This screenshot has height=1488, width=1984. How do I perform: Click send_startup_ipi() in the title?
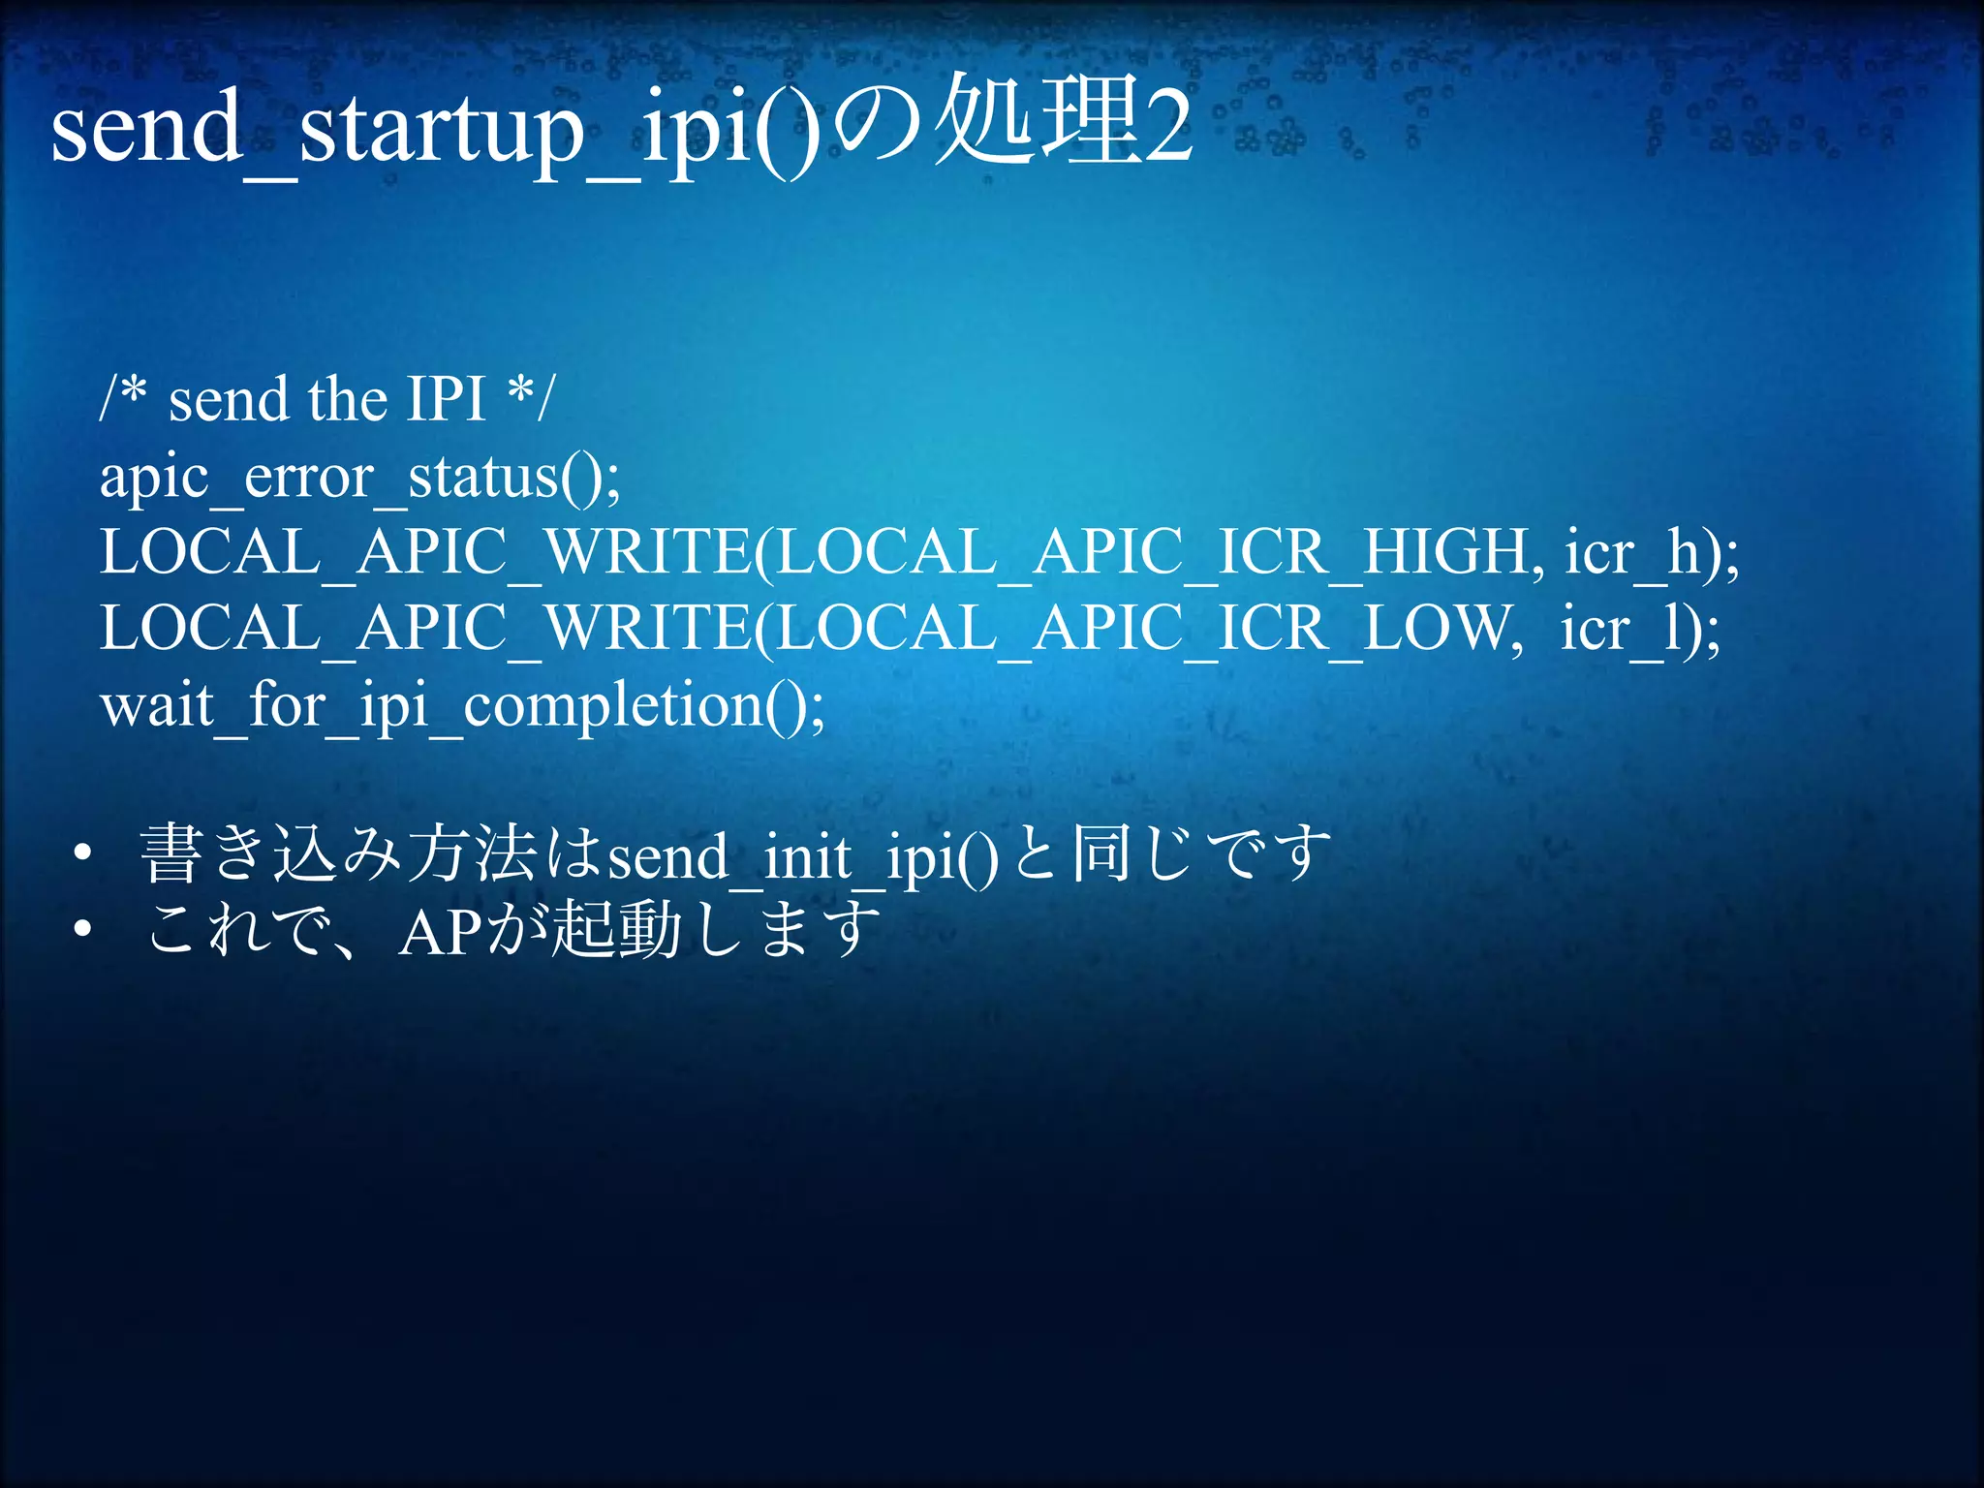[x=436, y=127]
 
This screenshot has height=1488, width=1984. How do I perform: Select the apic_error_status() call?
[x=359, y=478]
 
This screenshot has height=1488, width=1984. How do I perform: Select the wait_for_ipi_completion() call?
[x=461, y=706]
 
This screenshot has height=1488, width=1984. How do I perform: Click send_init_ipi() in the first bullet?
[x=802, y=858]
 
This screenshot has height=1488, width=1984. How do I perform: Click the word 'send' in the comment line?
[x=229, y=399]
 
